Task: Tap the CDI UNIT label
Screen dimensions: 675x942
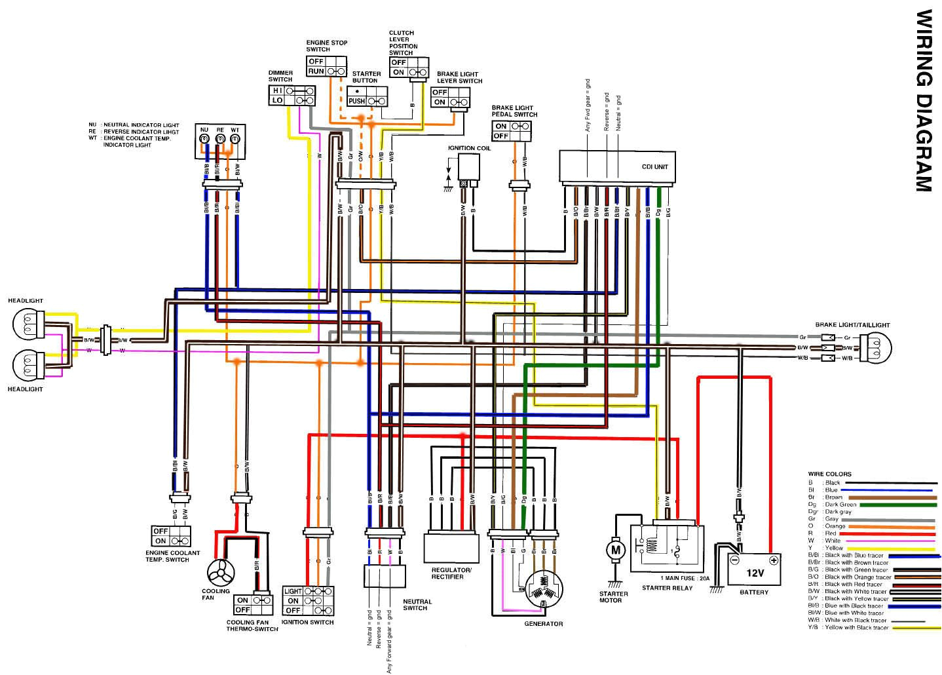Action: point(654,166)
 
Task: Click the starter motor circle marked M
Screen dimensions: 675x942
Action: point(615,550)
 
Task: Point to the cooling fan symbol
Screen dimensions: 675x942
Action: point(220,574)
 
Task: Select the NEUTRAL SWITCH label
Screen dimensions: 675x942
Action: point(417,604)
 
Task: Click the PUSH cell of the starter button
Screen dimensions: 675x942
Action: point(356,101)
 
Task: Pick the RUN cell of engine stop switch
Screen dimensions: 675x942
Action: point(316,71)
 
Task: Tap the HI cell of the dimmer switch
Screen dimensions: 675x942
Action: point(277,90)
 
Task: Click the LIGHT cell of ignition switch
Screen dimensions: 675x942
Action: point(292,591)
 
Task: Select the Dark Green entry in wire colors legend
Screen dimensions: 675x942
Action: point(840,505)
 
